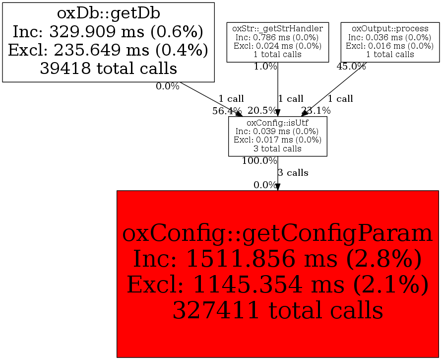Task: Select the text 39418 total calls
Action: [x=108, y=68]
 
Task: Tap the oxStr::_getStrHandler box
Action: [x=277, y=42]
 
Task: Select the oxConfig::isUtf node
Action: [x=277, y=136]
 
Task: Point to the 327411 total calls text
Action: [x=277, y=311]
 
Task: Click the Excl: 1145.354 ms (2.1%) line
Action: [x=277, y=285]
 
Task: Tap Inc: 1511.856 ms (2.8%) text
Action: [x=277, y=259]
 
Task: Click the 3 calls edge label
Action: [x=293, y=173]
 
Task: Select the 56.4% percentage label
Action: [x=227, y=111]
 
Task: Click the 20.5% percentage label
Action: [x=262, y=111]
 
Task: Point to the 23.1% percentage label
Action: [x=316, y=111]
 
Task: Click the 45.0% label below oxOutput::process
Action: [x=351, y=67]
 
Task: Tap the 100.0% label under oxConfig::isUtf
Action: [x=259, y=161]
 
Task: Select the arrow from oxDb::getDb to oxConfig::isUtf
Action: [x=208, y=97]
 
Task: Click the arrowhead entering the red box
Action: [x=277, y=187]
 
